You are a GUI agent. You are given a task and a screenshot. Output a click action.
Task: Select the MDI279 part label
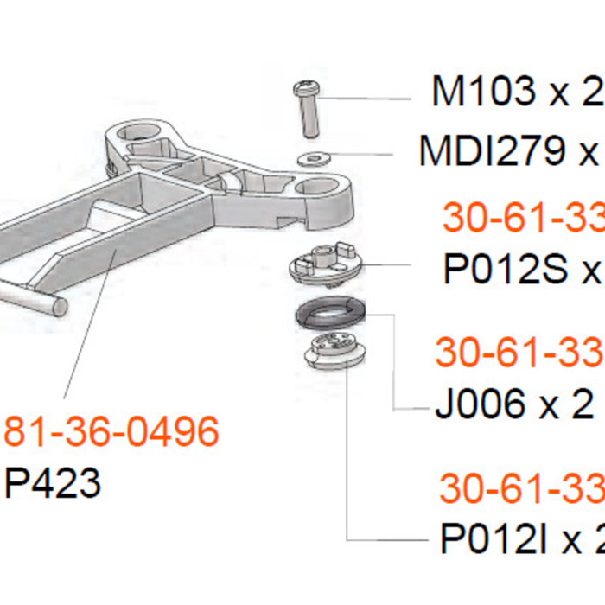tap(510, 151)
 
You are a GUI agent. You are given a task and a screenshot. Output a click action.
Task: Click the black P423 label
tap(53, 483)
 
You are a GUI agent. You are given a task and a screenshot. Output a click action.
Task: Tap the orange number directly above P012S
tap(522, 220)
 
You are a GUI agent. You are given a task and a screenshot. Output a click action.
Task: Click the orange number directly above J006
tap(519, 353)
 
